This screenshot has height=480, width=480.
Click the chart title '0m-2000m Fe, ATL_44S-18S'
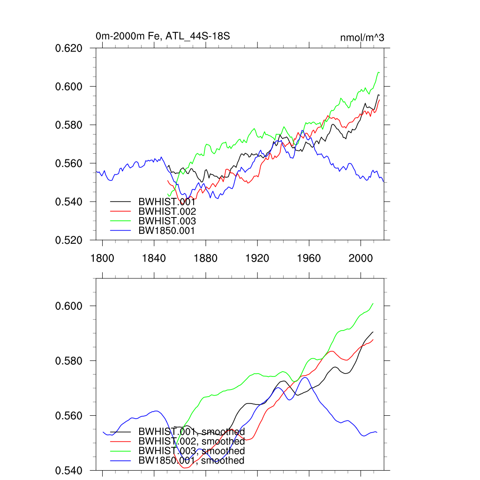click(163, 36)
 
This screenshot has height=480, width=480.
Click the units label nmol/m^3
click(362, 37)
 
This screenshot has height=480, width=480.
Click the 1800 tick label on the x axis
click(102, 258)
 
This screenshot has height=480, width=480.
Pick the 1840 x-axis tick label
click(154, 258)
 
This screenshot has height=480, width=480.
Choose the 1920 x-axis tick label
click(257, 258)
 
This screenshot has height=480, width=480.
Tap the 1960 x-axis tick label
click(308, 258)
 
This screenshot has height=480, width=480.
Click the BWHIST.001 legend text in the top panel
click(167, 202)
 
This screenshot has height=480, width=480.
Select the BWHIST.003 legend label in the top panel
click(167, 221)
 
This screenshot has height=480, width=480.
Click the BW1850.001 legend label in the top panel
click(166, 230)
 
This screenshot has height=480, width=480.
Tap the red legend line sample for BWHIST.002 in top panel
click(120, 211)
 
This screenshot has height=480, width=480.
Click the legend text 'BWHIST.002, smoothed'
click(191, 441)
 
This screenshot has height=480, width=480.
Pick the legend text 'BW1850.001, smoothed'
click(191, 460)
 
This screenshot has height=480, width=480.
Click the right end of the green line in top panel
click(379, 73)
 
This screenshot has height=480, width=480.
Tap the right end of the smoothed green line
click(373, 303)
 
